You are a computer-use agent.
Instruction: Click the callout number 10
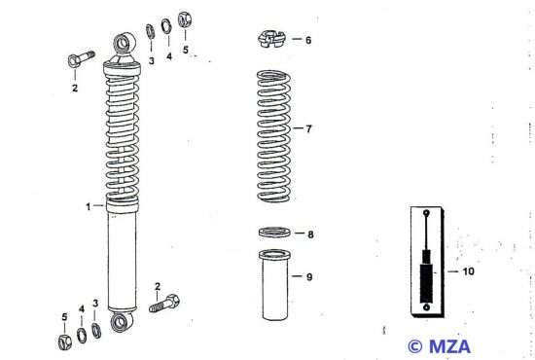click(x=468, y=271)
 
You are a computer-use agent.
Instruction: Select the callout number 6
click(x=308, y=40)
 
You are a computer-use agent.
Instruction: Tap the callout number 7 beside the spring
click(x=308, y=129)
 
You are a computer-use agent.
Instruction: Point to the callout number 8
click(x=310, y=234)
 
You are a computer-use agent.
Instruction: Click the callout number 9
click(x=309, y=276)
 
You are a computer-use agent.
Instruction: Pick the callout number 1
click(x=89, y=207)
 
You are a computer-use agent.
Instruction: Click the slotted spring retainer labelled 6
click(x=271, y=39)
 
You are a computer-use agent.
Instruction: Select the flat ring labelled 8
click(x=274, y=233)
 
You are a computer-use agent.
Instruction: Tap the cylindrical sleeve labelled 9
click(x=274, y=285)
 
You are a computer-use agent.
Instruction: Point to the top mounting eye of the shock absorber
click(x=125, y=44)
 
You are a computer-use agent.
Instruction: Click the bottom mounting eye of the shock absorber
click(x=120, y=322)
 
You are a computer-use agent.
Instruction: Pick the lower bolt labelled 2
click(x=164, y=303)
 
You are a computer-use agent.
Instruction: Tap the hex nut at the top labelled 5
click(x=185, y=19)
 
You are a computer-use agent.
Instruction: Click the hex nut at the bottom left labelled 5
click(x=65, y=342)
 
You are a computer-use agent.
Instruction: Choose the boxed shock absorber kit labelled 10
click(x=427, y=262)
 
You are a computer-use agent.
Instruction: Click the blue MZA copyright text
click(x=440, y=346)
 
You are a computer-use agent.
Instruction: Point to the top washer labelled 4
click(x=166, y=26)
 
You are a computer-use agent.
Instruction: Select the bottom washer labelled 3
click(x=96, y=331)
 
